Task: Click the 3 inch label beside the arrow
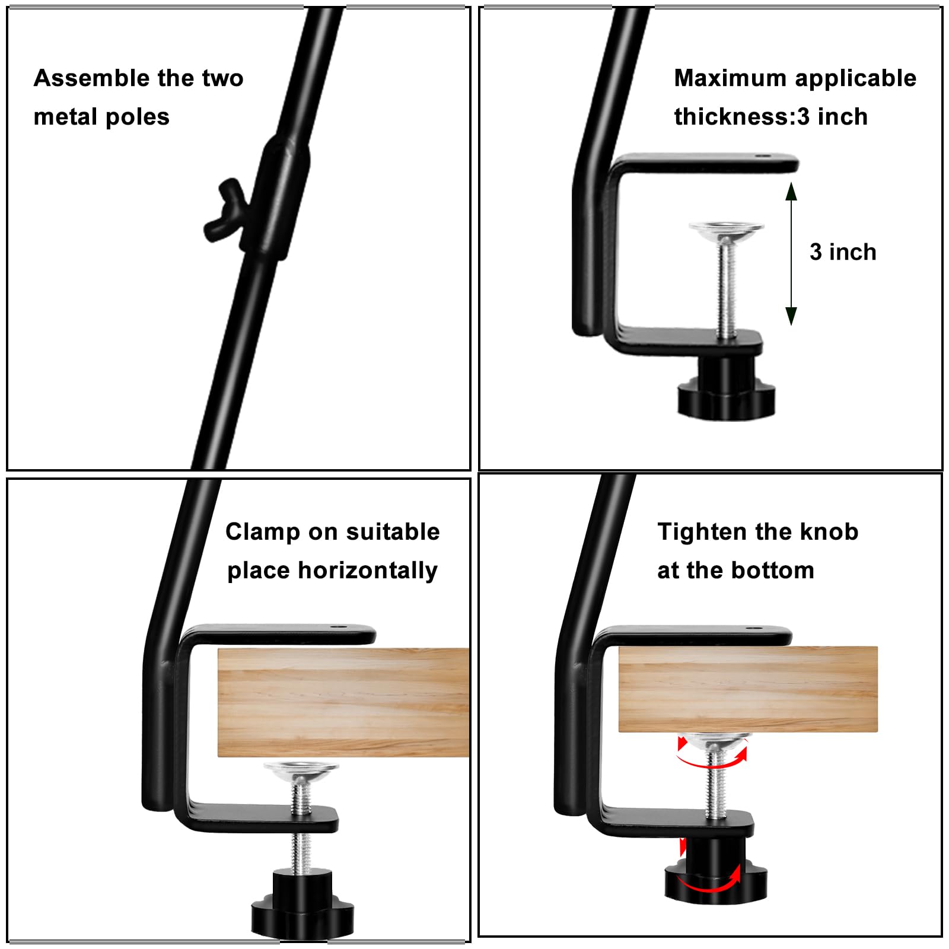click(843, 252)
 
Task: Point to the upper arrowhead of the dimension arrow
click(791, 191)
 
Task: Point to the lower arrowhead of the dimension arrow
click(791, 316)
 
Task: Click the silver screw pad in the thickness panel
click(726, 231)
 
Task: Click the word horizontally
click(368, 571)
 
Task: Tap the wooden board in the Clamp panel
click(343, 702)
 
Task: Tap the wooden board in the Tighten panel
click(748, 689)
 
